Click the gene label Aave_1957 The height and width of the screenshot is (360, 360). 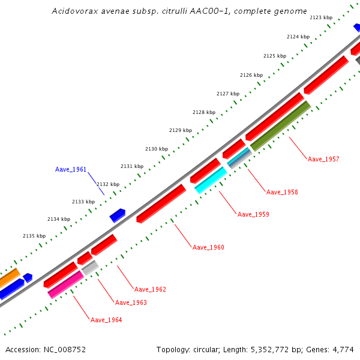(x=323, y=159)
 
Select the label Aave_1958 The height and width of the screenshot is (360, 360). (x=282, y=192)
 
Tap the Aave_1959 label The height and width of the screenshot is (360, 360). (x=253, y=214)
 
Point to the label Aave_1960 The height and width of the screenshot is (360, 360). (x=208, y=247)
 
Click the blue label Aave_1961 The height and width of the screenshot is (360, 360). (x=71, y=169)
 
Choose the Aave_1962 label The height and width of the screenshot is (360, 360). (x=150, y=289)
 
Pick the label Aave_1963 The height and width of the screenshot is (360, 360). (x=131, y=302)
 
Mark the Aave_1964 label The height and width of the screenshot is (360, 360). (x=106, y=320)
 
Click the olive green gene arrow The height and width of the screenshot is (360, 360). (x=281, y=125)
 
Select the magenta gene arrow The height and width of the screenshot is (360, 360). (x=65, y=284)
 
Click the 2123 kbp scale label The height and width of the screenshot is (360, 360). (x=321, y=18)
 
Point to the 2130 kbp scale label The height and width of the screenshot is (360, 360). (x=157, y=149)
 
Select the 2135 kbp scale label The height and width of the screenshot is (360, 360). (x=34, y=236)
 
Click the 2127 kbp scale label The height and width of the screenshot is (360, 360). (x=228, y=94)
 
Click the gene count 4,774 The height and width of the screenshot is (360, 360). (x=343, y=349)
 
